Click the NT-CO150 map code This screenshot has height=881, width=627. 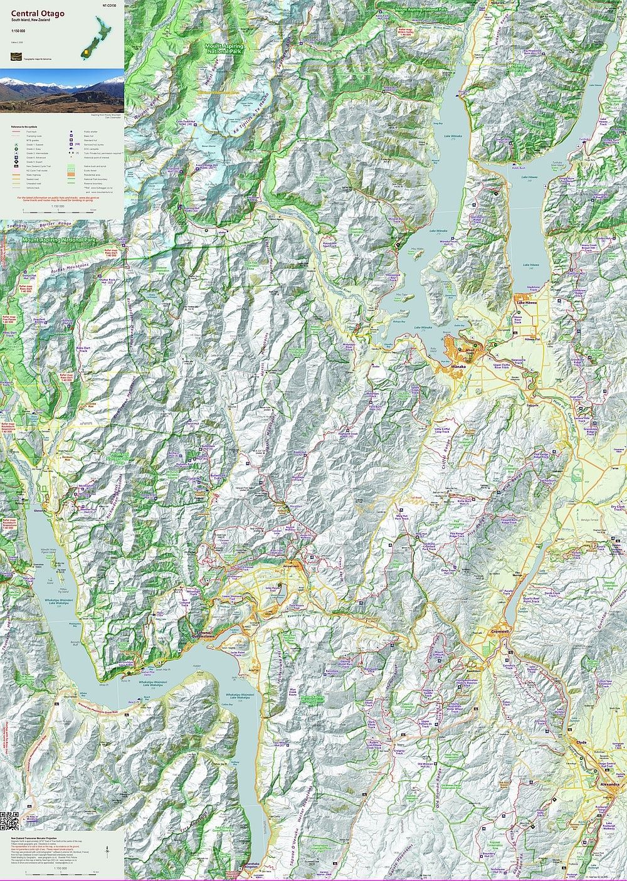[109, 5]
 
